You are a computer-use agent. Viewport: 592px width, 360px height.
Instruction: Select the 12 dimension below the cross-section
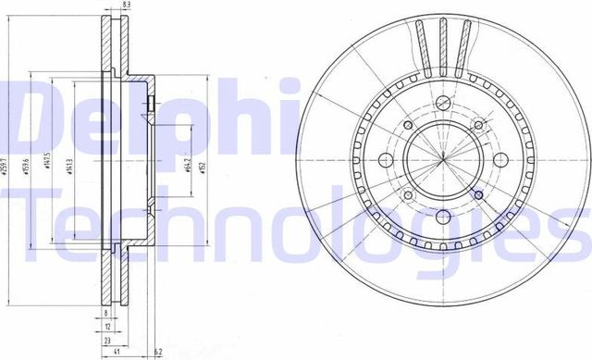(x=107, y=326)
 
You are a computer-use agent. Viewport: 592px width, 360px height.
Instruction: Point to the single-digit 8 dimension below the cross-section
(x=105, y=313)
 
